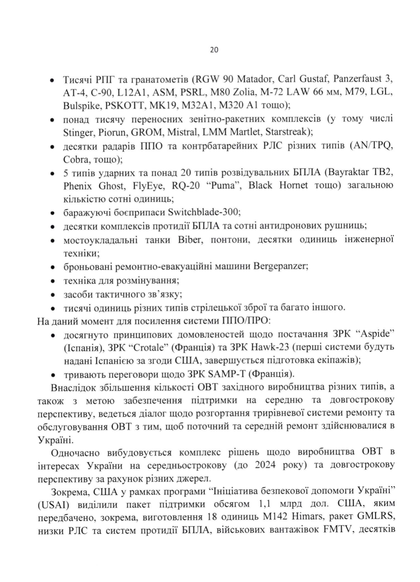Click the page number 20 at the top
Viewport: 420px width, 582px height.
[214, 50]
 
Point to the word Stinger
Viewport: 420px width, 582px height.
[79, 132]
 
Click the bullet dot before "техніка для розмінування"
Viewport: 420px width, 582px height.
[52, 282]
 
